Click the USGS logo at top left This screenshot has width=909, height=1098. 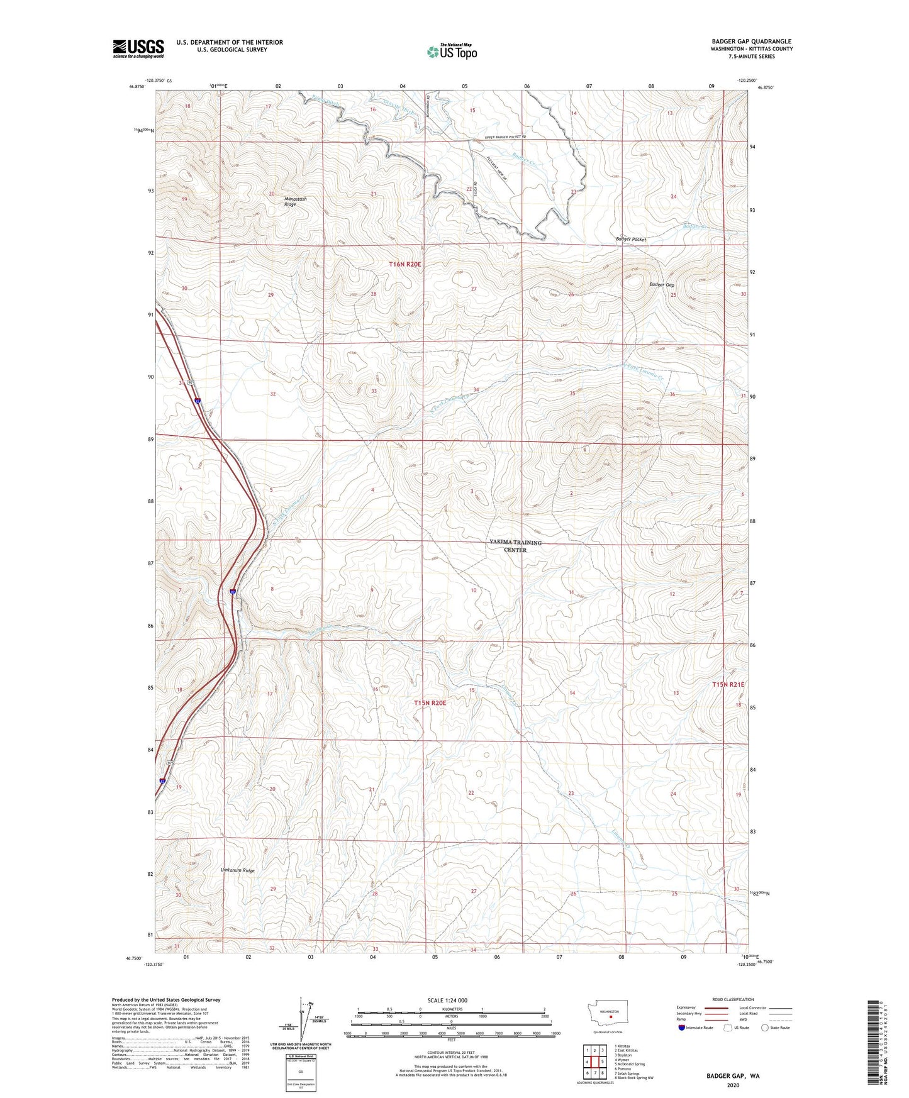[138, 48]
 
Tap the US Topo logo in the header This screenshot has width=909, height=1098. [452, 52]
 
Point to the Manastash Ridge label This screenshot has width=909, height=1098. [294, 201]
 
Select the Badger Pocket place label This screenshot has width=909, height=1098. [630, 240]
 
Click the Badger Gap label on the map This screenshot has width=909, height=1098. [662, 285]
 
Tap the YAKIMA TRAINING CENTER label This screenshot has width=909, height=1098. [515, 546]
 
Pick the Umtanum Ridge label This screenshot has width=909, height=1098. [237, 870]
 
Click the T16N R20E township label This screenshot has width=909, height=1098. [404, 265]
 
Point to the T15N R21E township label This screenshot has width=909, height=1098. [728, 684]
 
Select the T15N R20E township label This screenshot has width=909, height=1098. [430, 702]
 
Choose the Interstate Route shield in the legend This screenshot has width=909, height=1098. [682, 1028]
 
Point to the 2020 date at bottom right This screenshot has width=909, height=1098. [732, 1085]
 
